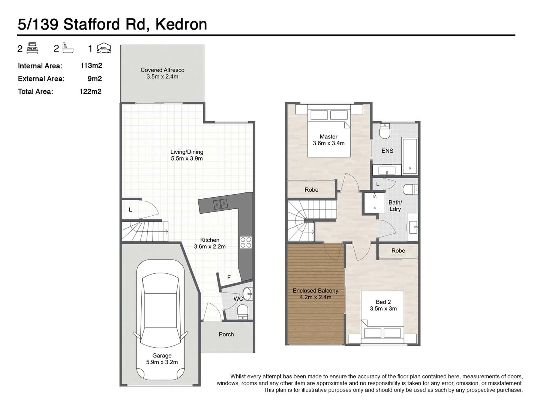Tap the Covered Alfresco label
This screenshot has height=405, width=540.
coord(162,70)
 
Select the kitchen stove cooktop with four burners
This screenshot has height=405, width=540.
coord(246,242)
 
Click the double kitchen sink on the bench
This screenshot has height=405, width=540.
coord(220,204)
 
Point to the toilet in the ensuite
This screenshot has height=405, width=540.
coord(385,132)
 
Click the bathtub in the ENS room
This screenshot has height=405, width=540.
coord(409,156)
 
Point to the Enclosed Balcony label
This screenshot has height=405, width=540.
coord(315,291)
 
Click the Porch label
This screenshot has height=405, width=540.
coord(226,334)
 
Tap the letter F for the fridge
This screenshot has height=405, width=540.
coord(229,278)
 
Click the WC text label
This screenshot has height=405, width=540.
coord(238,299)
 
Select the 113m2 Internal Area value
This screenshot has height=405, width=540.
coord(91,66)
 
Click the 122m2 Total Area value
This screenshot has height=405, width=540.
coord(90,91)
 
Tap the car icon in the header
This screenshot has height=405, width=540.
coord(104,48)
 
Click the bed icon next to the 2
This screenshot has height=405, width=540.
coord(33,48)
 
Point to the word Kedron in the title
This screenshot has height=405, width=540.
coord(181,24)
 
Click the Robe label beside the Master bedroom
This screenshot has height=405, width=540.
coord(311,190)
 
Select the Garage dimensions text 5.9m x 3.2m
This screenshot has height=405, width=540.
coord(162,362)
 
